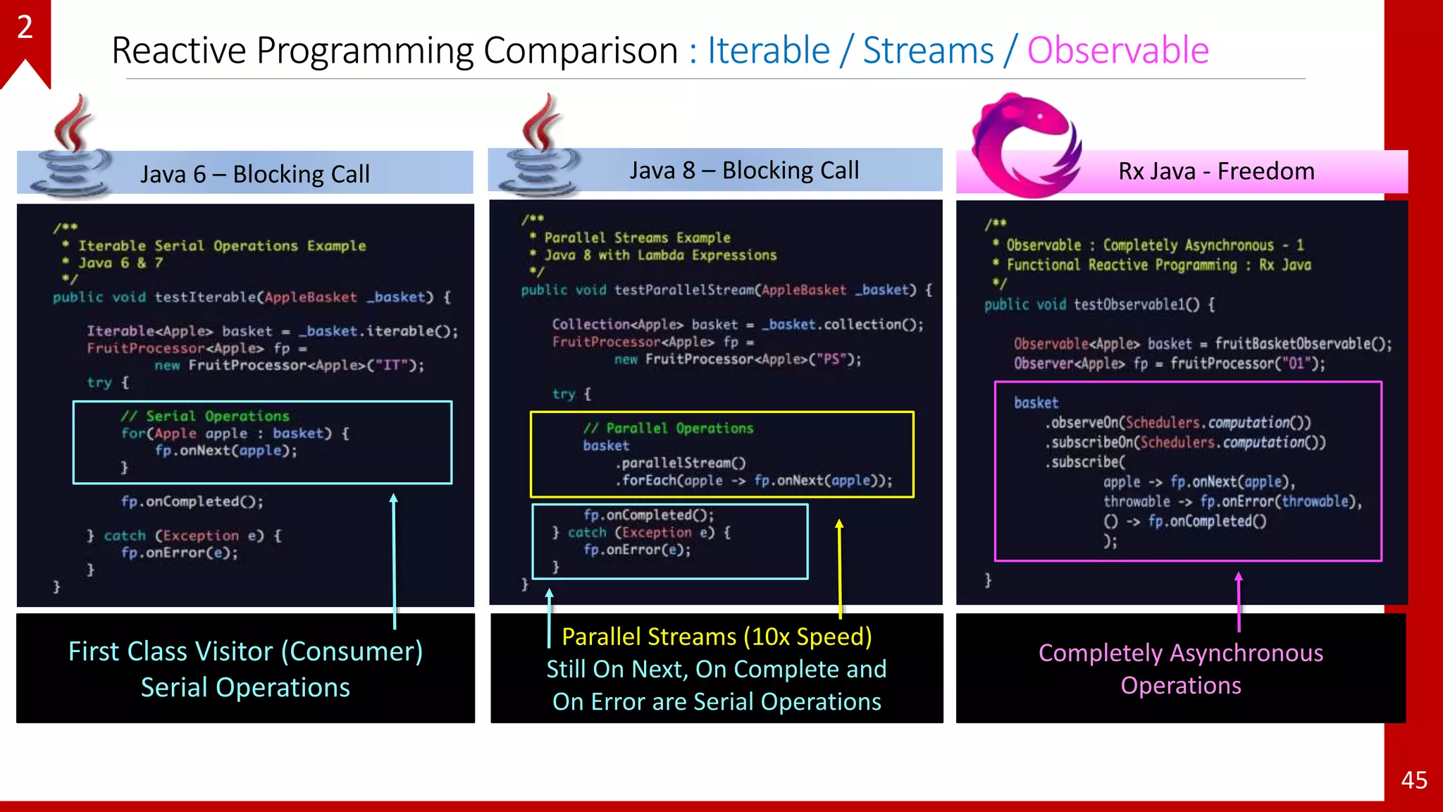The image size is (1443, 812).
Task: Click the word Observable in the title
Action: [1117, 51]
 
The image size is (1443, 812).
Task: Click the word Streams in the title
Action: [928, 51]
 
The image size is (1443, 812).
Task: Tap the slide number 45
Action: [1413, 780]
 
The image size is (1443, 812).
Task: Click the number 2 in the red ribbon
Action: [25, 27]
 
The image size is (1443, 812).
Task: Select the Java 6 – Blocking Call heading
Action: [254, 174]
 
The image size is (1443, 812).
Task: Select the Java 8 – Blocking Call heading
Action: [744, 170]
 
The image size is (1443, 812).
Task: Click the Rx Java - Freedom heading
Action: [1216, 171]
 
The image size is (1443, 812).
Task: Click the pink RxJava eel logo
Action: [1025, 144]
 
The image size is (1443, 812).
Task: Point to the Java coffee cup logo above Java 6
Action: [70, 148]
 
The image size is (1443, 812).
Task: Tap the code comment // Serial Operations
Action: [204, 416]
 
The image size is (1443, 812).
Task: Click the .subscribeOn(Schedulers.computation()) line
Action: [1185, 443]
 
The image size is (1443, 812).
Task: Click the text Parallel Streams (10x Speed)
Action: [717, 636]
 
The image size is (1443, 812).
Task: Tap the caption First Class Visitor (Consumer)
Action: [245, 651]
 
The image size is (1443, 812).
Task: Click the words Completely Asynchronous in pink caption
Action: [1181, 653]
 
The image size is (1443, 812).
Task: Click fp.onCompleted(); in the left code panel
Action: [192, 501]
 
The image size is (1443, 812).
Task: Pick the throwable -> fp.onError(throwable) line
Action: [1232, 501]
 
